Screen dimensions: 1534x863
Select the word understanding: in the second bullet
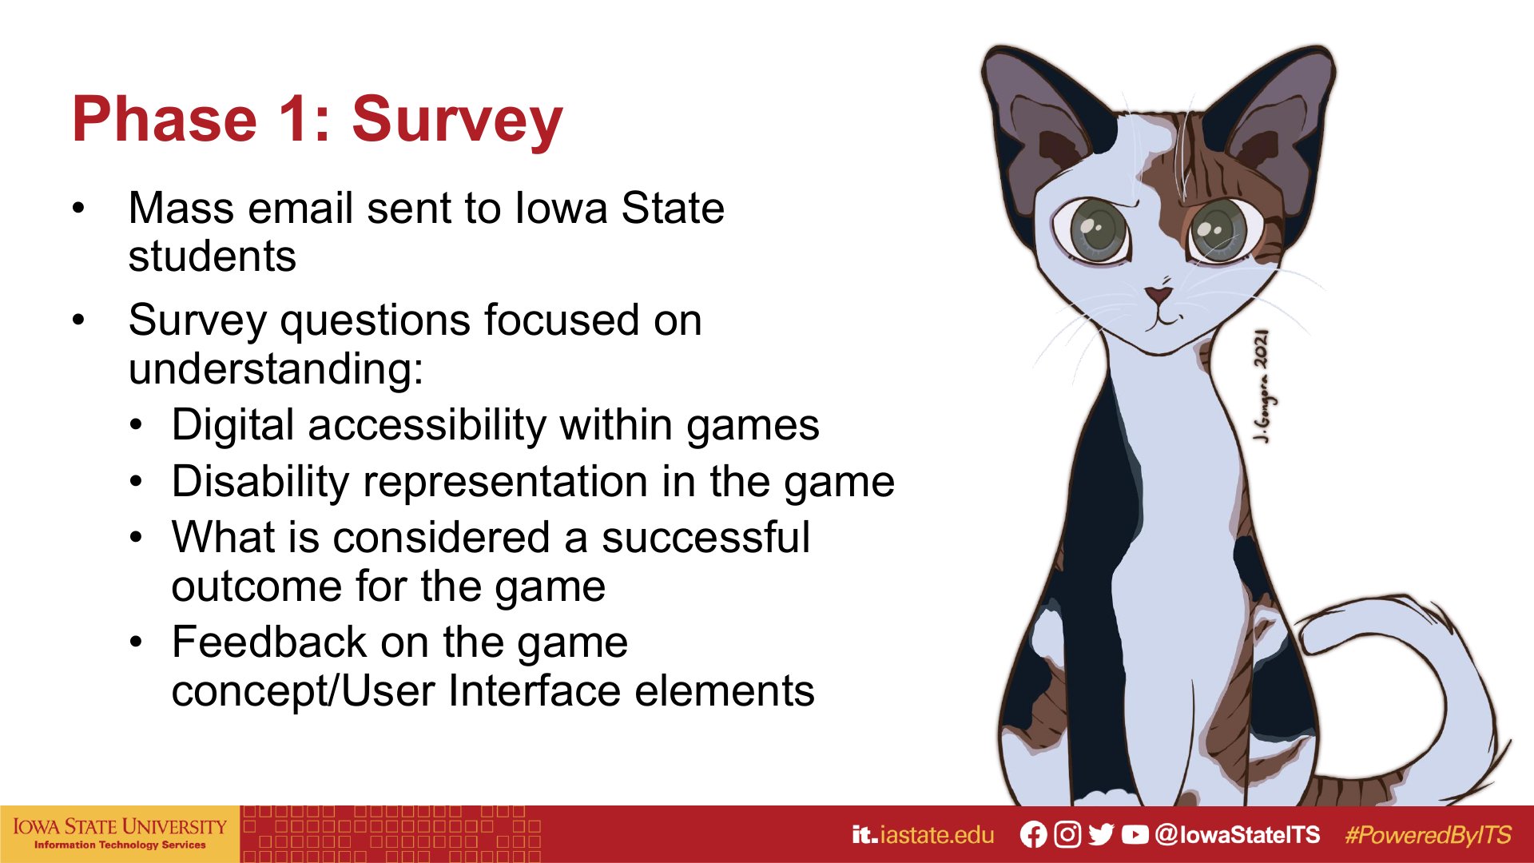coord(276,368)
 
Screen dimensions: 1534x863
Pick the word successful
coord(705,537)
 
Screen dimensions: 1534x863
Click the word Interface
coord(535,690)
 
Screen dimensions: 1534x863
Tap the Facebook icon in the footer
coord(1033,835)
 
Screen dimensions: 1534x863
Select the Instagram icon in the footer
coord(1067,835)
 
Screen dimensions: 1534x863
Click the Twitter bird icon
coord(1101,835)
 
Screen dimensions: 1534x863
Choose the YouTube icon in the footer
coord(1135,835)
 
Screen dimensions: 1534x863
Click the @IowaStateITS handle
coord(1238,835)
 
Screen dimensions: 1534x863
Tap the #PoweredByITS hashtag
coord(1429,835)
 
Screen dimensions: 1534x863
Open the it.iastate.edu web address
coord(923,835)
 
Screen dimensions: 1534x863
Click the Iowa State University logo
coord(120,833)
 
